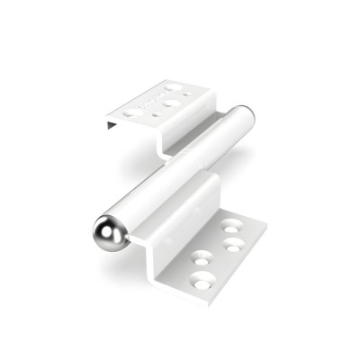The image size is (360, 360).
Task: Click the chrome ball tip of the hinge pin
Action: pyautogui.click(x=108, y=233)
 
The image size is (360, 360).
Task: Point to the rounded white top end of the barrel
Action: pyautogui.click(x=244, y=115)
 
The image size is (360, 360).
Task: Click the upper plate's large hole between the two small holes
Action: pyautogui.click(x=171, y=103)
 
